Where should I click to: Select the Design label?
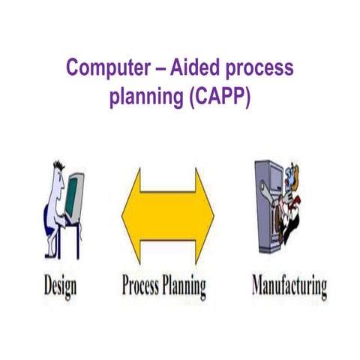coord(55,286)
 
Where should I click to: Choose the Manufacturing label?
coord(289,286)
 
